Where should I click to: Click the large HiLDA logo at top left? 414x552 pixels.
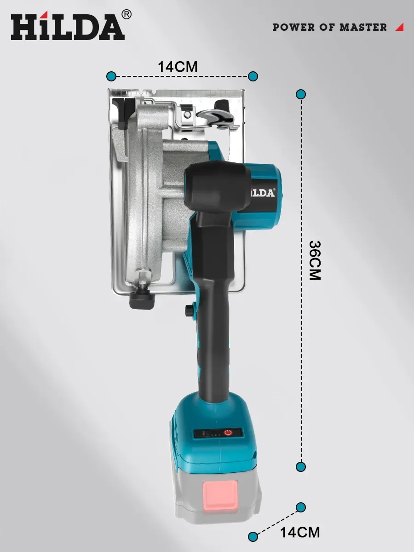(68, 27)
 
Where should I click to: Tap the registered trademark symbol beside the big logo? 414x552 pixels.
(126, 15)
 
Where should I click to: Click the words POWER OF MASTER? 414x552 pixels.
(329, 28)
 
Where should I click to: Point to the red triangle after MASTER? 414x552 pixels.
(400, 27)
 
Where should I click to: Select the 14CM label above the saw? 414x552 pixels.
(178, 67)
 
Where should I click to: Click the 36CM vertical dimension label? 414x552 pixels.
(315, 260)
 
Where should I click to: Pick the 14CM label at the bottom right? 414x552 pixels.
(300, 532)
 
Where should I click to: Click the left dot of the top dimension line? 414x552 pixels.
(111, 76)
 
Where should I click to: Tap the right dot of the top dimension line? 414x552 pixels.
(253, 76)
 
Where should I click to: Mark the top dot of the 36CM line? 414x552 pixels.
(301, 95)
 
